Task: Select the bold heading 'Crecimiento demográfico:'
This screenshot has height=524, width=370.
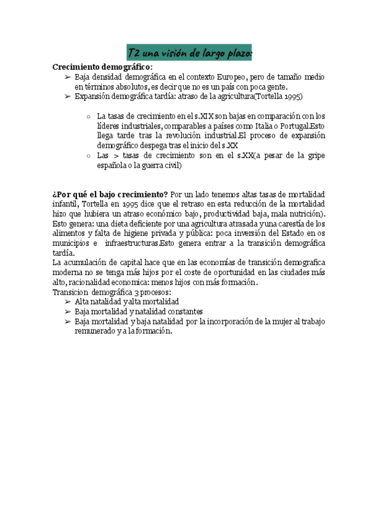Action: (102, 67)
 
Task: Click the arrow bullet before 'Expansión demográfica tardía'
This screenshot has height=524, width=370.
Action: (67, 96)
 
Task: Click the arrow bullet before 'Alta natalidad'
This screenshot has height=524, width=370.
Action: (67, 302)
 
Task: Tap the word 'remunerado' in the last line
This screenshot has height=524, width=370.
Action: (95, 331)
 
